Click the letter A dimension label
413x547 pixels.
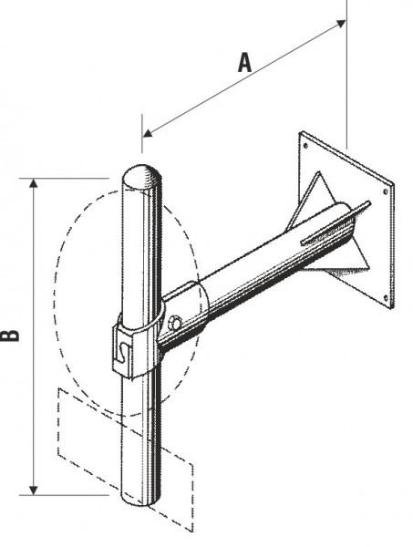(x=243, y=62)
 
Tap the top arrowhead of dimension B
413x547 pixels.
(x=34, y=182)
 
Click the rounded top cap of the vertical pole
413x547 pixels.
(x=143, y=175)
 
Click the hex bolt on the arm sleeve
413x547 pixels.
(x=175, y=322)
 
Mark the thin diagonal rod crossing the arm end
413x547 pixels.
(x=334, y=224)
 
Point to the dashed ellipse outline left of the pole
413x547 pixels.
(x=57, y=301)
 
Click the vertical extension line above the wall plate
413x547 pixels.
(x=347, y=82)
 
